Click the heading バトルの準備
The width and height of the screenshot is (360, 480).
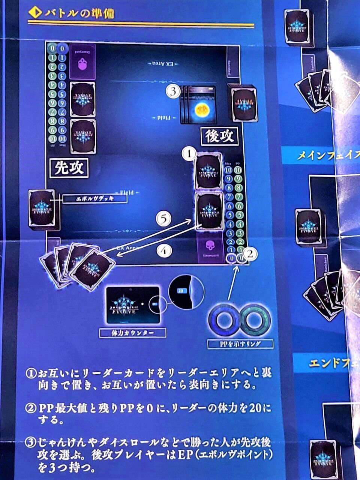[79, 14]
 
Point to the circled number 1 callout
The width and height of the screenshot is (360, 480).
[189, 154]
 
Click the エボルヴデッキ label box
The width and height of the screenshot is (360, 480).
[94, 199]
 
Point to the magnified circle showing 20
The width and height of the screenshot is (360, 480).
[186, 291]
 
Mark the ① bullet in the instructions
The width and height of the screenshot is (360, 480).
[30, 373]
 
